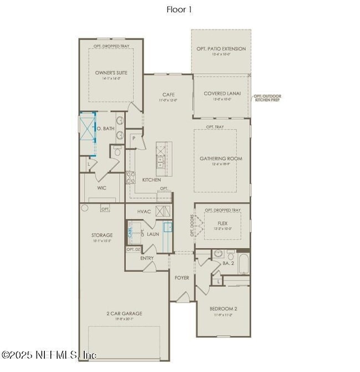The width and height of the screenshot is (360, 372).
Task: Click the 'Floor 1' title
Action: click(x=179, y=9)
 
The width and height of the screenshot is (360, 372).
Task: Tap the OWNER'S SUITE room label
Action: click(x=111, y=73)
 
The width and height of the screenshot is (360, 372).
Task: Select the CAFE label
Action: click(x=168, y=94)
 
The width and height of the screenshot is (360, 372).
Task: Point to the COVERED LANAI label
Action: click(x=222, y=94)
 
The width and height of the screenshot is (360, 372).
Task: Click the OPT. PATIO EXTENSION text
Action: click(x=221, y=49)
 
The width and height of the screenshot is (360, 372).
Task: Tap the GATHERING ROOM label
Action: click(x=221, y=158)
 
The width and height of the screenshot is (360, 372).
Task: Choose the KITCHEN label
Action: click(x=151, y=180)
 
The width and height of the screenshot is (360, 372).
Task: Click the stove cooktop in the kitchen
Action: click(x=131, y=177)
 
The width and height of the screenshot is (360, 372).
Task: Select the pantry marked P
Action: click(x=133, y=138)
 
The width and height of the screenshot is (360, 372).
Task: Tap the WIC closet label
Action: click(x=101, y=188)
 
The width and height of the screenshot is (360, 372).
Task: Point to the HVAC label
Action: click(x=144, y=212)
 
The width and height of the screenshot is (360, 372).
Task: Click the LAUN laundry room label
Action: click(x=153, y=234)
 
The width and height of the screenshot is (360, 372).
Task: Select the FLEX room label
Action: click(x=222, y=223)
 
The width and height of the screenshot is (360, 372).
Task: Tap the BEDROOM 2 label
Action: click(x=223, y=308)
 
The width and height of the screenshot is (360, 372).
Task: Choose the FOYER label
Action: click(x=182, y=277)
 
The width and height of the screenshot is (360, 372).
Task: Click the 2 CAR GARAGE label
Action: click(x=124, y=313)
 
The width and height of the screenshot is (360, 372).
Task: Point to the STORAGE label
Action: click(x=102, y=235)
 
